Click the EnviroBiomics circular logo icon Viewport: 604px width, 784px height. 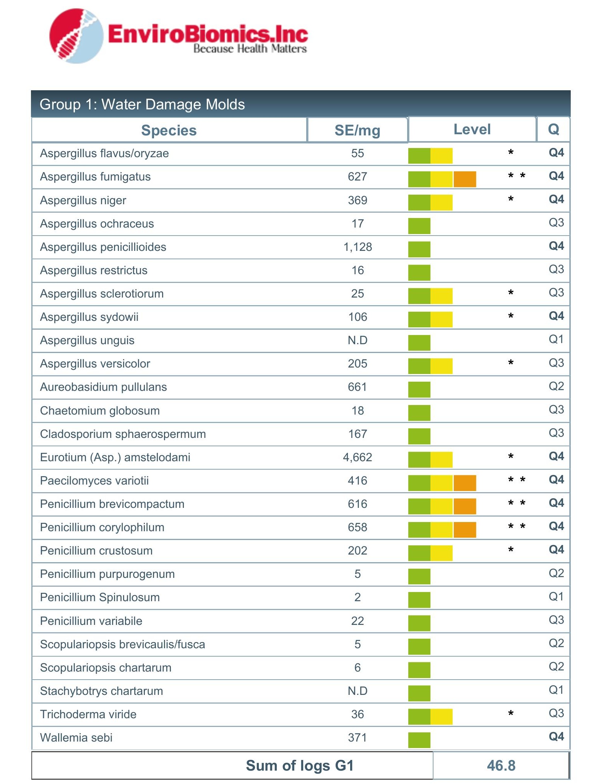(x=76, y=36)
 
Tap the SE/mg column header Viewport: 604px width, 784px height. (x=357, y=130)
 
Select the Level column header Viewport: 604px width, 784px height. (x=472, y=129)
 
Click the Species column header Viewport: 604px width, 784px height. (x=169, y=130)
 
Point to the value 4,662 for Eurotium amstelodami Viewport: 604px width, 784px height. (x=357, y=457)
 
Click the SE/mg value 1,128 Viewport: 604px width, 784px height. (x=357, y=247)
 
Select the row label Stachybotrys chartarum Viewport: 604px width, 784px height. (x=102, y=691)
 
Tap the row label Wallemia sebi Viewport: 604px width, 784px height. (x=76, y=738)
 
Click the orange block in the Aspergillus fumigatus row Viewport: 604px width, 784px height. (x=465, y=179)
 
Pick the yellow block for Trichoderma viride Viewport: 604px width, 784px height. (x=442, y=717)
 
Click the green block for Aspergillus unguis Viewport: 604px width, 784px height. (x=419, y=343)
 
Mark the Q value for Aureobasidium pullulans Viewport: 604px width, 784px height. (x=556, y=386)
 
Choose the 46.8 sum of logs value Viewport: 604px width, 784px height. (x=501, y=766)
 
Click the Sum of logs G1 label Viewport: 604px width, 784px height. (x=300, y=766)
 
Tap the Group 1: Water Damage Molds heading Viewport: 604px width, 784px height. (x=142, y=104)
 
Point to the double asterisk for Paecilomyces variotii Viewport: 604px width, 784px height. (x=517, y=480)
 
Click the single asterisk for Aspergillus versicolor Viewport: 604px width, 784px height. (x=511, y=363)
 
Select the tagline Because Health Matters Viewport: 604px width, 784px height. (x=250, y=49)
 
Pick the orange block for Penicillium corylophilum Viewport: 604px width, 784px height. (x=465, y=530)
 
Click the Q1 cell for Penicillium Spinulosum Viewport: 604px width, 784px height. (x=556, y=597)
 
